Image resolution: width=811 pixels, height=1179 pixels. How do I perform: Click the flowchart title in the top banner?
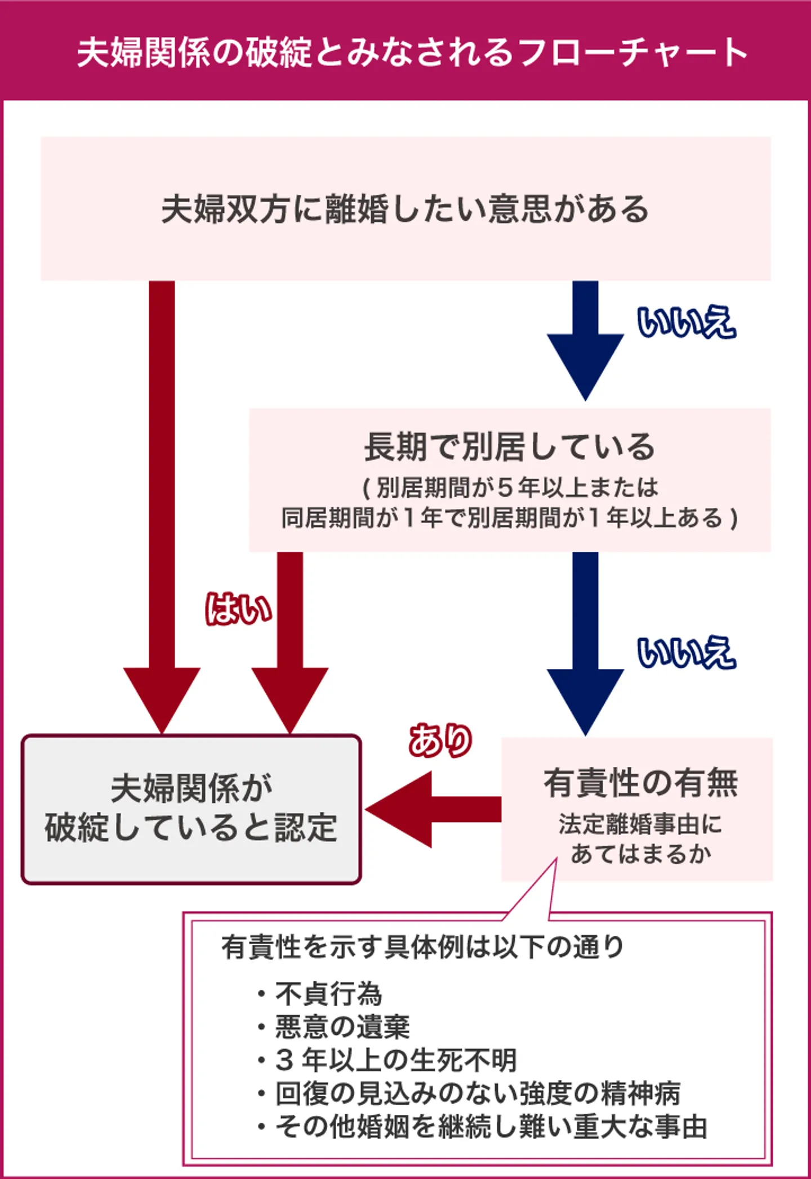[x=411, y=52]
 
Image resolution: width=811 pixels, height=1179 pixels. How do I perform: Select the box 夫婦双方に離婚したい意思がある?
[x=405, y=209]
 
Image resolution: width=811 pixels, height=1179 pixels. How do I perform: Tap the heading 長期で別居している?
[x=510, y=447]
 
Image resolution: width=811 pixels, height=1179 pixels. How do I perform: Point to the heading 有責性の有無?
[x=640, y=783]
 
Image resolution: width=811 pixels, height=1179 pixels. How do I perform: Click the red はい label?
[x=238, y=609]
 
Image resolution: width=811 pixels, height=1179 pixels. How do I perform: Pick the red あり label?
[x=440, y=740]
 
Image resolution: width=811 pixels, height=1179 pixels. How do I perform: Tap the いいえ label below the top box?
[x=686, y=321]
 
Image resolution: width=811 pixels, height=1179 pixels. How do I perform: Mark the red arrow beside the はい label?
[x=290, y=642]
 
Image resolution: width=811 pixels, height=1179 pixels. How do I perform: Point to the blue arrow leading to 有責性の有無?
[x=585, y=642]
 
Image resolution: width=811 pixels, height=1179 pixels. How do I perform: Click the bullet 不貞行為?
[x=328, y=994]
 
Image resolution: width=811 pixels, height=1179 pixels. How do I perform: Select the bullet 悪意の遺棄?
[x=342, y=1027]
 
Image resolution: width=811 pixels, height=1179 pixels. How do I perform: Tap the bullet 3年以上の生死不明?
[x=395, y=1060]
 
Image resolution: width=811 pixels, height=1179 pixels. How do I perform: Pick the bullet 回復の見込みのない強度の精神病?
[x=478, y=1093]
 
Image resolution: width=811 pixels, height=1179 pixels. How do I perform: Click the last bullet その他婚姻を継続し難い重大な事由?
[x=491, y=1127]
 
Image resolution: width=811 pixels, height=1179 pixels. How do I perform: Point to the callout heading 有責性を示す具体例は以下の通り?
[x=422, y=947]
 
